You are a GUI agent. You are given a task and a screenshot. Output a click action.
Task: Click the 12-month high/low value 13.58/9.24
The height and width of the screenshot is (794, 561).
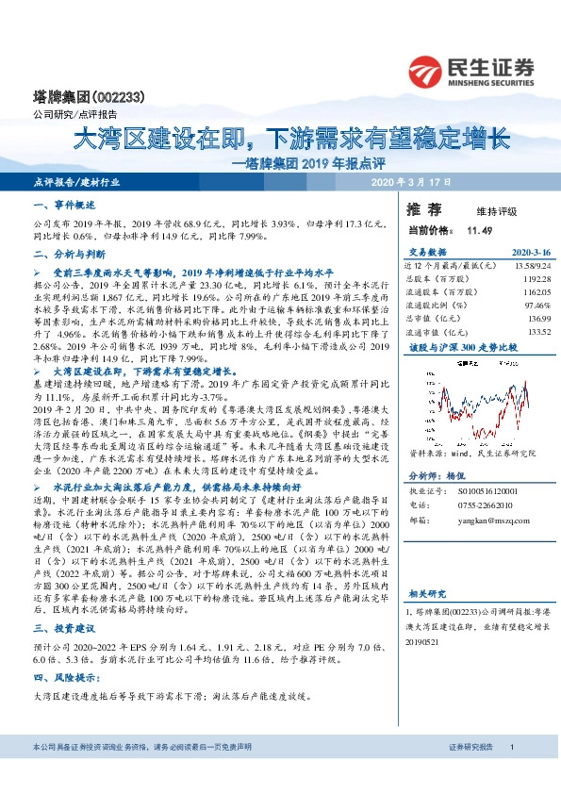tap(529, 267)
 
